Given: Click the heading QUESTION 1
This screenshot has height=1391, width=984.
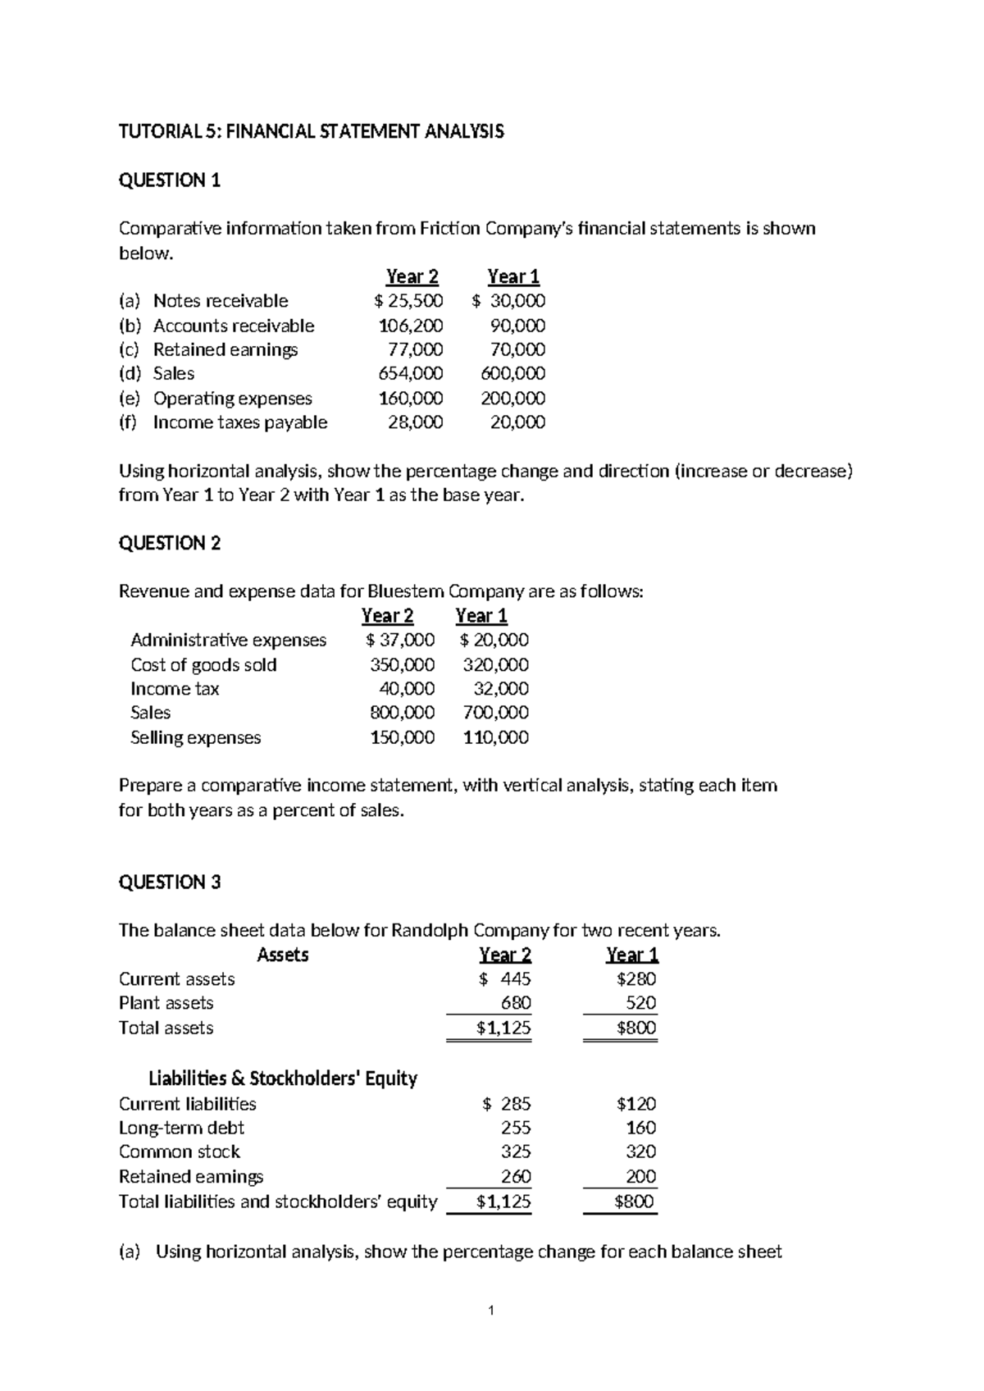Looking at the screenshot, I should pos(170,180).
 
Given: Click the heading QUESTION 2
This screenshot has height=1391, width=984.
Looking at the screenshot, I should pos(170,543).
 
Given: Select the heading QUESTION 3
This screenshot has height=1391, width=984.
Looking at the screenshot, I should pos(170,882).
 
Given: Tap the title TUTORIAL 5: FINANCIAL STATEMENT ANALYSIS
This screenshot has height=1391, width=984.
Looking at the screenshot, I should pos(311,131).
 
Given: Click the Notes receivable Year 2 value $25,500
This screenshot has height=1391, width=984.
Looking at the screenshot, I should pos(404,301).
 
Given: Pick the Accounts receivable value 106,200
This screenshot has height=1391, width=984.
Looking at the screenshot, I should pos(410,326).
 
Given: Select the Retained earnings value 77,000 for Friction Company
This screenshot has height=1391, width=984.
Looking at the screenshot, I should pos(415,349).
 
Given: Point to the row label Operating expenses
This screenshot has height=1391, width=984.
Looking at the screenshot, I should pos(232,399).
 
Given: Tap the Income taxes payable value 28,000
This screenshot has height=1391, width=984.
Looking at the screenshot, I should pos(415,422).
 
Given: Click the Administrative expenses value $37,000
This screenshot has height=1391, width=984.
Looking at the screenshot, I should pos(400,640).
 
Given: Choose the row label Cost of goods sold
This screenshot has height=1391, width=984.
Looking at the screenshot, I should pos(203,665).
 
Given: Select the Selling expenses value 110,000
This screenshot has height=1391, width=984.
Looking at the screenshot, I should pos(495,737).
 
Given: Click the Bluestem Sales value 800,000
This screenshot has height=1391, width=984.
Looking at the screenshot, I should pos(402,713).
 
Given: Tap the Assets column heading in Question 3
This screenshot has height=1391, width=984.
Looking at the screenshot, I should pos(283,955).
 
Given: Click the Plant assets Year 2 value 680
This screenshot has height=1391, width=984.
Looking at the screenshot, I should pos(516,1003).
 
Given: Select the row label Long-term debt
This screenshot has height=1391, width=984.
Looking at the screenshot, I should pos(181,1128).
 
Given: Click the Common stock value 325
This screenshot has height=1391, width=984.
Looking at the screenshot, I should pos(516,1152).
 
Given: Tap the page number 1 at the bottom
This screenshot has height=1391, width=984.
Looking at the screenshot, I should pos(490,1311).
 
